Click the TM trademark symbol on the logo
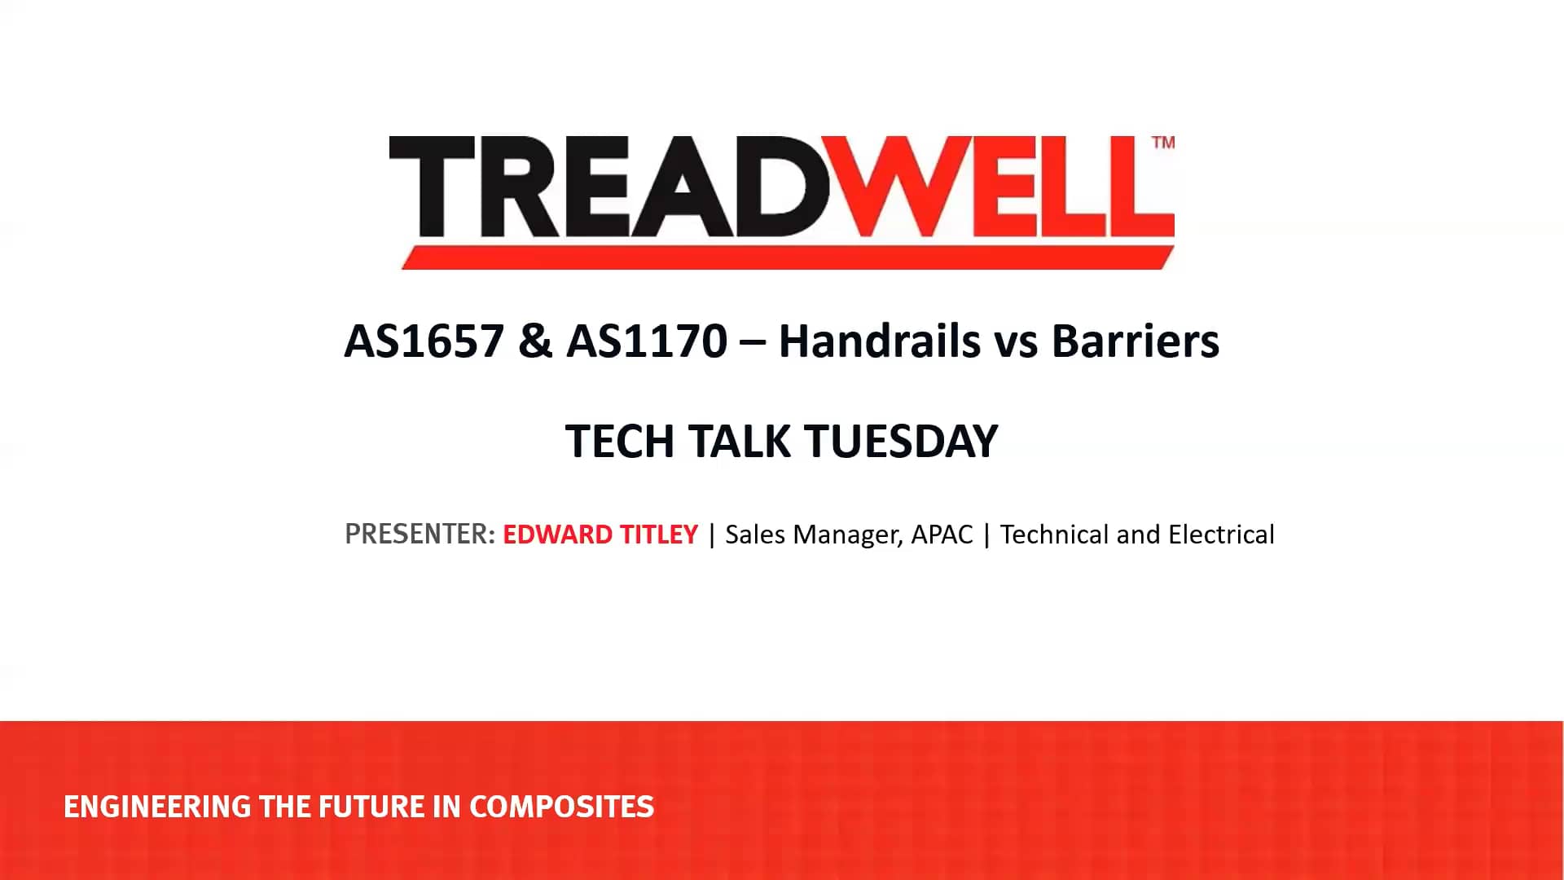[x=1163, y=143]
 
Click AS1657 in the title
[x=424, y=341]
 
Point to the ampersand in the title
[x=535, y=341]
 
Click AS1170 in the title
[x=647, y=341]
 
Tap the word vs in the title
[x=1016, y=342]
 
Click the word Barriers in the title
[x=1136, y=341]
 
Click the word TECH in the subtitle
[x=620, y=442]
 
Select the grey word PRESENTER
[x=419, y=535]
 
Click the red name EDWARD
[x=557, y=535]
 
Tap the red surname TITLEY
[x=659, y=535]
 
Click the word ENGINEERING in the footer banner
[x=157, y=807]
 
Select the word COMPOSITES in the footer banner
[x=561, y=807]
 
